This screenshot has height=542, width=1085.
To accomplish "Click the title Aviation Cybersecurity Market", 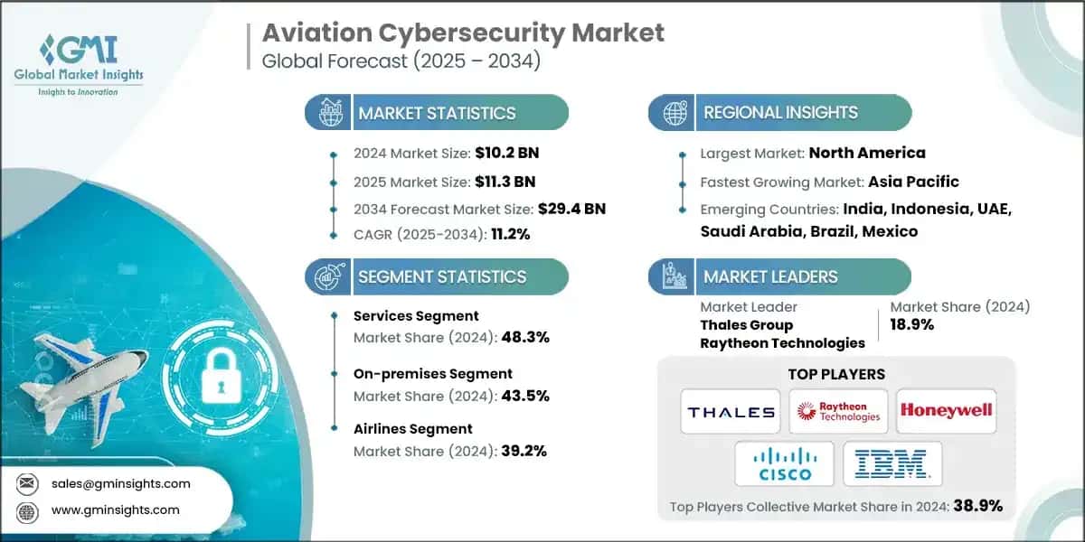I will tap(463, 33).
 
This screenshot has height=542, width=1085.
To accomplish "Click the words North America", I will tap(866, 153).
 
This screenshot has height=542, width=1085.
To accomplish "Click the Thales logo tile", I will tap(731, 412).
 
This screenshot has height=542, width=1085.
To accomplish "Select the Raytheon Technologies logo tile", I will tap(837, 412).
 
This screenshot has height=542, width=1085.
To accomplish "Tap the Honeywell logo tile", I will tap(945, 412).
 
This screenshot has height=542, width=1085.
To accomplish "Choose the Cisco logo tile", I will tap(784, 463).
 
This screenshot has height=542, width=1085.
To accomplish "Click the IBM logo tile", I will tap(892, 463).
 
